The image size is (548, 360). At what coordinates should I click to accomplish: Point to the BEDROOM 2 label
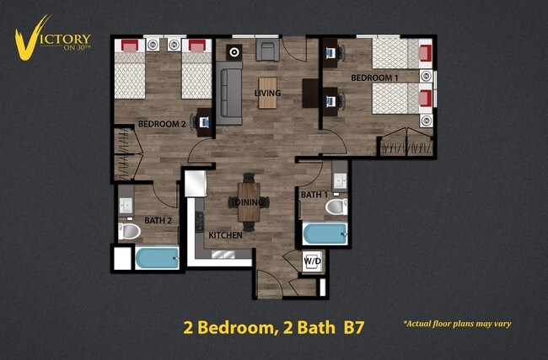tap(162, 124)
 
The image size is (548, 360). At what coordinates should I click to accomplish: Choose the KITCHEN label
tap(226, 235)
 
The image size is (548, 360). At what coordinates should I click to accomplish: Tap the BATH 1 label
tap(314, 196)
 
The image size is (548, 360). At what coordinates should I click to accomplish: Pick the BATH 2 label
tap(158, 221)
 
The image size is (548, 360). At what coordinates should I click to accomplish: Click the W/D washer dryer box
tap(312, 261)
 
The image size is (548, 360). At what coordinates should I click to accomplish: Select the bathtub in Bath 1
tap(325, 234)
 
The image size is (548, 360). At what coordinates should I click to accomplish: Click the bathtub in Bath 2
tap(157, 258)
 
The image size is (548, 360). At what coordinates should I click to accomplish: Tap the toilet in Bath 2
tap(131, 230)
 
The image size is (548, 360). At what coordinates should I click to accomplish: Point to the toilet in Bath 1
tap(336, 207)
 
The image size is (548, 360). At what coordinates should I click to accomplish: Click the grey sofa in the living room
tap(230, 93)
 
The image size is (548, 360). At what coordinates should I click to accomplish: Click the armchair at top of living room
tap(268, 51)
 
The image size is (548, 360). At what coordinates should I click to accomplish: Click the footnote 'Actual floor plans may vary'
tap(457, 323)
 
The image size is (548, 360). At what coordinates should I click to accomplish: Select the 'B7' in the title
tap(352, 327)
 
